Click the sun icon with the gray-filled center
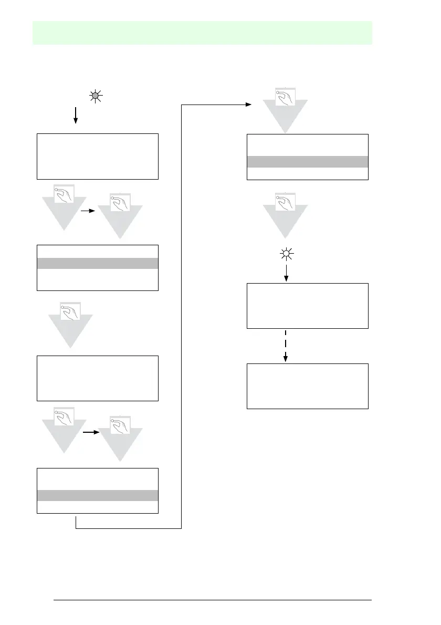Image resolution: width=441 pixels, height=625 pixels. [96, 96]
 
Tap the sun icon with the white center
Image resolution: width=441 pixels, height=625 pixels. [286, 255]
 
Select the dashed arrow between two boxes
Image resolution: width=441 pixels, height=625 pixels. [286, 346]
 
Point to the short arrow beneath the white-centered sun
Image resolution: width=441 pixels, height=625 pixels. [286, 273]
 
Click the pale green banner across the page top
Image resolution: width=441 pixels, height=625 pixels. [203, 33]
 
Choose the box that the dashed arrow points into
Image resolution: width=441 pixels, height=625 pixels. [308, 386]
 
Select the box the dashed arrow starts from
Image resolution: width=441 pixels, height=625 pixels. [308, 306]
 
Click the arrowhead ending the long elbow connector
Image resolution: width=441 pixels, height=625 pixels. [248, 105]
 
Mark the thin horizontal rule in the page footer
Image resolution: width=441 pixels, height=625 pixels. [213, 600]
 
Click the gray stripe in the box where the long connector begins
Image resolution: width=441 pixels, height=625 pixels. [97, 495]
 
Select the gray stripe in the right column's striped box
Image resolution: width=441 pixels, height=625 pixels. [308, 161]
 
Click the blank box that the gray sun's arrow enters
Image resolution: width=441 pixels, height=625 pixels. [97, 157]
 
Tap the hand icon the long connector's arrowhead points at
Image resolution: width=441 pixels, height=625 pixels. [285, 97]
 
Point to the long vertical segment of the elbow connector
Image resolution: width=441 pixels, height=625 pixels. [181, 315]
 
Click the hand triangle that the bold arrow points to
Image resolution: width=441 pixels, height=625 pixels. [120, 436]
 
